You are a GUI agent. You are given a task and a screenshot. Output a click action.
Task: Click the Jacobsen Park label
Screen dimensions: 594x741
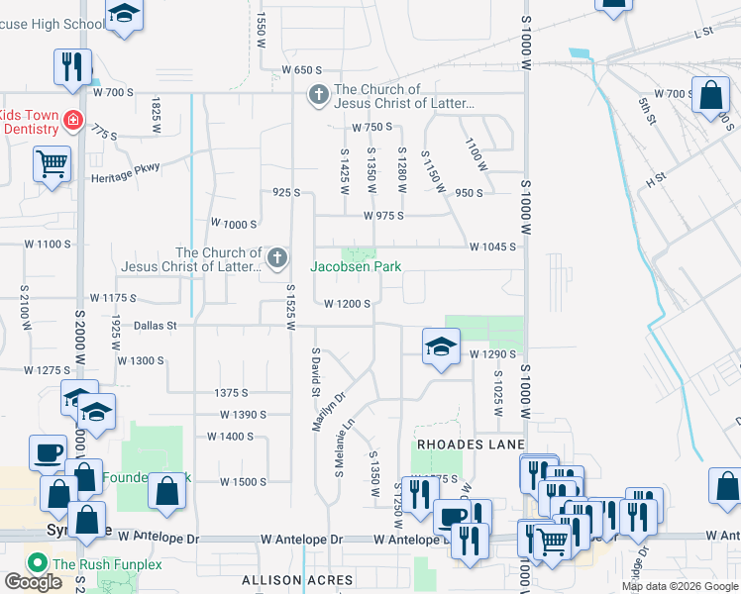tap(356, 266)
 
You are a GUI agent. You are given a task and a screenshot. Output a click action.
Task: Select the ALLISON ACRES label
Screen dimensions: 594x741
tap(297, 579)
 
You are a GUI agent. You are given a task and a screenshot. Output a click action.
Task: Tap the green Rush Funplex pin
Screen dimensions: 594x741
tap(39, 563)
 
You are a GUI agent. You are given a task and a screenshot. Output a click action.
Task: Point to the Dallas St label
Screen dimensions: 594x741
tap(155, 325)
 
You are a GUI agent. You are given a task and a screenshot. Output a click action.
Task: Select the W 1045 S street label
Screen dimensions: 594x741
tap(492, 247)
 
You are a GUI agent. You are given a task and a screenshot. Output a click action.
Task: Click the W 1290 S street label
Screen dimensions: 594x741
tap(494, 353)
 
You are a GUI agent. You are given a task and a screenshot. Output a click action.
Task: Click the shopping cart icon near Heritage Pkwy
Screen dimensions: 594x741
tap(52, 163)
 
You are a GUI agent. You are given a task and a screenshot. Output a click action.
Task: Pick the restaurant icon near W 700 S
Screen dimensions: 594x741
tap(72, 66)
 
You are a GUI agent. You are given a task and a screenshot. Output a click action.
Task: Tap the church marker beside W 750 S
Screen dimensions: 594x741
tap(318, 96)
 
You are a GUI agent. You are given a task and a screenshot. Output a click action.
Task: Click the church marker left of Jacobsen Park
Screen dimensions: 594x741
tap(278, 259)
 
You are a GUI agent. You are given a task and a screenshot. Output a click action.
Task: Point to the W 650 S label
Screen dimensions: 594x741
tap(302, 70)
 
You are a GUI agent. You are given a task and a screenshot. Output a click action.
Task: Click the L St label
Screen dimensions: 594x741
tap(704, 33)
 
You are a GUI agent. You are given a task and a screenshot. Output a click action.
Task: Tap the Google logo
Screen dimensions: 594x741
tap(33, 583)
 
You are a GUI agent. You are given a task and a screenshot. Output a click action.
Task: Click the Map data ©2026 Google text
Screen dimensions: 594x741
tap(680, 586)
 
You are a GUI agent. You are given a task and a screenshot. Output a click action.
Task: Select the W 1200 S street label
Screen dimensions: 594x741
tap(347, 304)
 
